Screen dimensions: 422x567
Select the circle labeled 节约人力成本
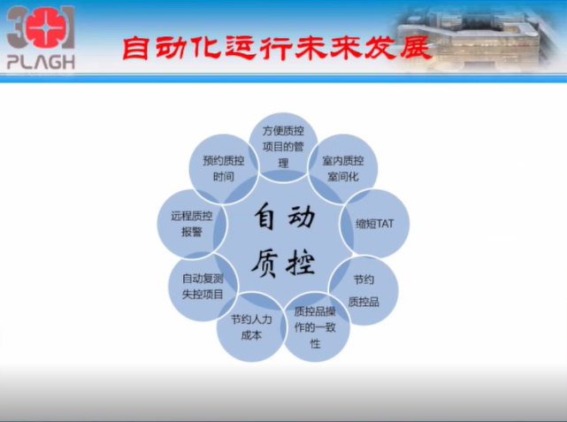coord(251,326)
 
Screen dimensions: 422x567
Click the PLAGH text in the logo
coord(41,61)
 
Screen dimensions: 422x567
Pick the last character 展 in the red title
coord(414,49)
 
